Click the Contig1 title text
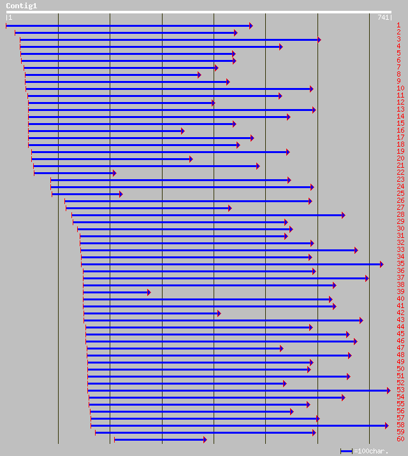22,6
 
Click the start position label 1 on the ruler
10,17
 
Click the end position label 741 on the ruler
384,17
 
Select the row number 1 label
398,25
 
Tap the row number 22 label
400,173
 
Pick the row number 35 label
400,264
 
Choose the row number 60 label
400,439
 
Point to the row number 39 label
400,292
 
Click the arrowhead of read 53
388,390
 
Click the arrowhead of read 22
114,173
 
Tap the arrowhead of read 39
149,292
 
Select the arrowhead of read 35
381,264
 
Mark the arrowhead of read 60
205,439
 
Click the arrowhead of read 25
120,194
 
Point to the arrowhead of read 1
251,26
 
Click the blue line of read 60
159,439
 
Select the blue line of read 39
115,292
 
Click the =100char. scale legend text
371,451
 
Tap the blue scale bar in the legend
346,451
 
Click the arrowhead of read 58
386,425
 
